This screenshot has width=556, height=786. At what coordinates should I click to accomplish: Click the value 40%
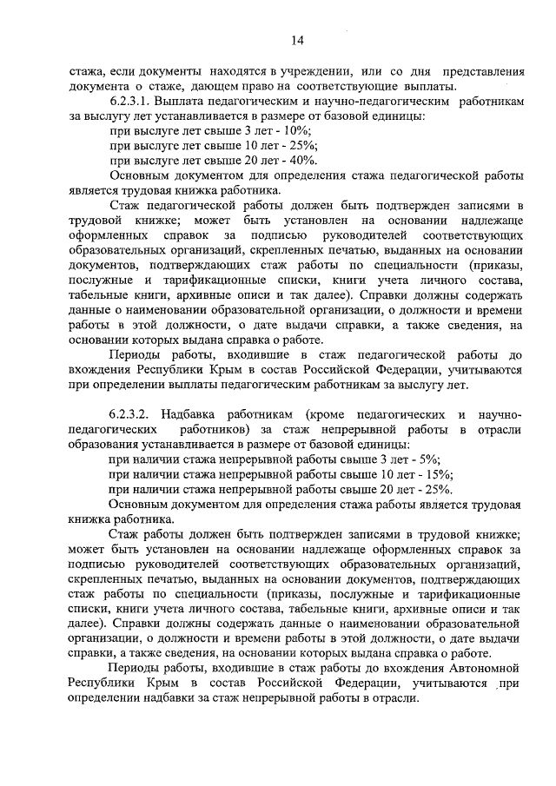tap(304, 160)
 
